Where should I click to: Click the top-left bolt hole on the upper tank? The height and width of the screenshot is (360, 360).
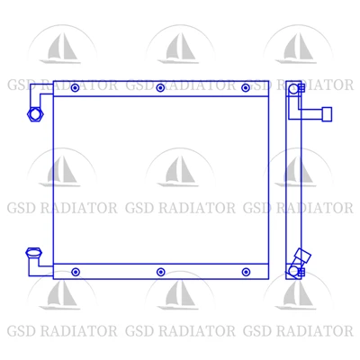tap(75, 88)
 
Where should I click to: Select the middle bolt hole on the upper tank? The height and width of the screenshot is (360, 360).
tap(160, 88)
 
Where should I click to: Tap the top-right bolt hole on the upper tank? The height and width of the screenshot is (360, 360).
tap(246, 88)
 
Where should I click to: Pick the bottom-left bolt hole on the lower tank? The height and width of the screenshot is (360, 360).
tap(76, 272)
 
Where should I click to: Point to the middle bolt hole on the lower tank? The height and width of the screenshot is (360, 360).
tap(161, 272)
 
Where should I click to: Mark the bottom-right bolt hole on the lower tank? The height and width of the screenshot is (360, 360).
tap(246, 272)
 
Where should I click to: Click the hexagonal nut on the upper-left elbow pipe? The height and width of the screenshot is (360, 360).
tap(35, 114)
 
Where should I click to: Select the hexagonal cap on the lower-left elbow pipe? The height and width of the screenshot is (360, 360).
tap(33, 253)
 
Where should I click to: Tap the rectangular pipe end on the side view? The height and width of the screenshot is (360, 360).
tap(327, 114)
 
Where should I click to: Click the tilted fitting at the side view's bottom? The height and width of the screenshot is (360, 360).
tap(302, 257)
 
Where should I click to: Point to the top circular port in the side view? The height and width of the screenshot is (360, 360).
tap(293, 89)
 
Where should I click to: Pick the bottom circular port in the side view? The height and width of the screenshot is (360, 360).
tap(292, 271)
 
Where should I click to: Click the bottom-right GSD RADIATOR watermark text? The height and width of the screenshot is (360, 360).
tap(298, 331)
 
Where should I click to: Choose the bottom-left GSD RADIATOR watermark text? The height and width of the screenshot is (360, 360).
tap(62, 331)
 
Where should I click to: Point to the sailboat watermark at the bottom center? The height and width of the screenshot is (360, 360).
tap(180, 295)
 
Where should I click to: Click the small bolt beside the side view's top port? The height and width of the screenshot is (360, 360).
tap(301, 88)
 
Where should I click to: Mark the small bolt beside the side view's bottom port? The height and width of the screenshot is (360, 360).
tap(301, 272)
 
